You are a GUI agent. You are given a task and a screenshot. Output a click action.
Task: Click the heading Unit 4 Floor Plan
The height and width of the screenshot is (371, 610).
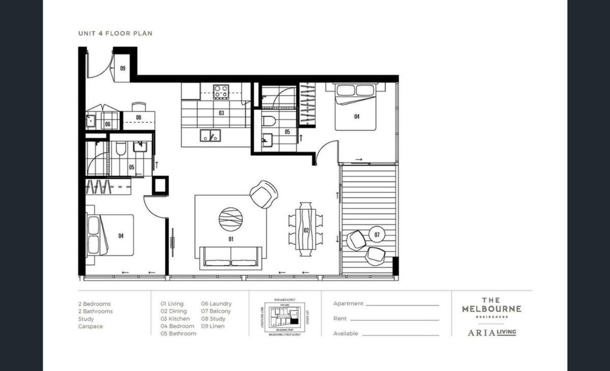click(x=115, y=34)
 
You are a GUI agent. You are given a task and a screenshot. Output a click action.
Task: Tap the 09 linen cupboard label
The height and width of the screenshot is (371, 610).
click(x=123, y=68)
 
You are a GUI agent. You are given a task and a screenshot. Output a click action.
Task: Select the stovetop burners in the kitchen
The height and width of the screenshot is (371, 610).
click(x=221, y=92)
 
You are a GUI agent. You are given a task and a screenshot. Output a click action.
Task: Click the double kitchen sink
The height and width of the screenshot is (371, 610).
click(x=210, y=135)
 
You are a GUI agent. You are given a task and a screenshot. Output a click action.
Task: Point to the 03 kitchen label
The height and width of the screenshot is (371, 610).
click(x=221, y=113)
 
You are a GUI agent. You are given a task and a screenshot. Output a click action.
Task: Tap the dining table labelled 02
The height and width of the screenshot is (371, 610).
click(x=306, y=230)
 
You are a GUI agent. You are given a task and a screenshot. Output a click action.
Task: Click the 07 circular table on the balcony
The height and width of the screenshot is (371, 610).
click(x=377, y=235)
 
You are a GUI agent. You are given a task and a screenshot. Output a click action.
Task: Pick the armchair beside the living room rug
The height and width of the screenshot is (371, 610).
click(x=264, y=194)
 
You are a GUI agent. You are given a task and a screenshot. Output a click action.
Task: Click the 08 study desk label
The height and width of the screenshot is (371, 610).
click(x=138, y=118)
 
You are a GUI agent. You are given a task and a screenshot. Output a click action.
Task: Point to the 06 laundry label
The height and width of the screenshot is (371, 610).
click(x=108, y=124)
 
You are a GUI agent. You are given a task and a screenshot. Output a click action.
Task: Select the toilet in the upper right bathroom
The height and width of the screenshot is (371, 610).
click(x=269, y=120)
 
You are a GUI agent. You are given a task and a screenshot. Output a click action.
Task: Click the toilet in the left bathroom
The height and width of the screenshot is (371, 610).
click(x=120, y=148)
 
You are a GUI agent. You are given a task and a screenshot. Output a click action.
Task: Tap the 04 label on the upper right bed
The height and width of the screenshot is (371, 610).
click(x=357, y=117)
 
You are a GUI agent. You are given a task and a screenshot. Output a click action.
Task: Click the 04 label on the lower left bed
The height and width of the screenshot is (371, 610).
click(x=120, y=235)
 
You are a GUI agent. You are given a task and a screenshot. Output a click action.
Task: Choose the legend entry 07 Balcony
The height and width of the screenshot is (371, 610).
click(x=216, y=311)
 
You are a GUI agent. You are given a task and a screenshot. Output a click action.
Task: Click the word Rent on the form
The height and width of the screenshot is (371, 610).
click(x=340, y=319)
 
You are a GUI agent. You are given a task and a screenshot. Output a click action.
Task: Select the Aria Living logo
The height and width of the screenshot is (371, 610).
click(x=491, y=332)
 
